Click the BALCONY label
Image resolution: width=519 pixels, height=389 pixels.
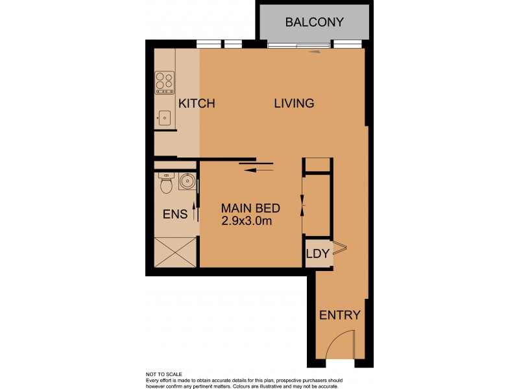[x=314, y=22]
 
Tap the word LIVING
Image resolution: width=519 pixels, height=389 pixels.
[x=294, y=103]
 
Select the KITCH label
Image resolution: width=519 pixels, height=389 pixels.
[x=197, y=104]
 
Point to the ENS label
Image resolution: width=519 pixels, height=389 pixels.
[x=175, y=215]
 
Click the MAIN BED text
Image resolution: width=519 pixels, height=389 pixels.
[x=250, y=209]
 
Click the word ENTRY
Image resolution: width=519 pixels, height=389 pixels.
[x=339, y=316]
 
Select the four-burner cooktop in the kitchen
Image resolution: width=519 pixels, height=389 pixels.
[x=165, y=83]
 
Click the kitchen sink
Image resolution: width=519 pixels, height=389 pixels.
[x=165, y=117]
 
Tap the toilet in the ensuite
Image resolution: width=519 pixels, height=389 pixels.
[x=166, y=184]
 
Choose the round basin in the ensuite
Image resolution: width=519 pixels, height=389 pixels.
[x=187, y=182]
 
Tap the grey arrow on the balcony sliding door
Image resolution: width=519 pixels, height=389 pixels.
[x=315, y=51]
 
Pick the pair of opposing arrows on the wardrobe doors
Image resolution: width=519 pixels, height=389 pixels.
[x=302, y=201]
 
